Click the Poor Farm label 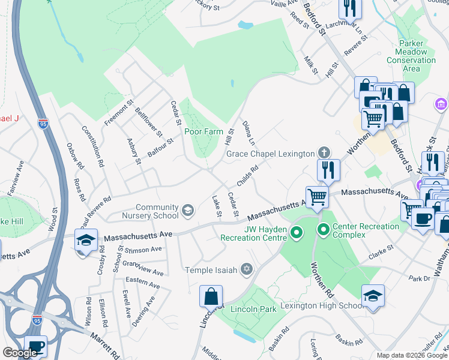click(201, 131)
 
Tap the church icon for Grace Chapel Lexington click(324, 153)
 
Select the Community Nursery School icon click(188, 209)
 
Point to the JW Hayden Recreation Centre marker click(295, 232)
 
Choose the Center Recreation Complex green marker click(324, 229)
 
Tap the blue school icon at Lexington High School click(373, 295)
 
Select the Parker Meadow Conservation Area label click(411, 56)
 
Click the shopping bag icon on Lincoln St click(211, 296)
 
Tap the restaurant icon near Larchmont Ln click(349, 8)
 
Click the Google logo click(20, 353)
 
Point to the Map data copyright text click(412, 355)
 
